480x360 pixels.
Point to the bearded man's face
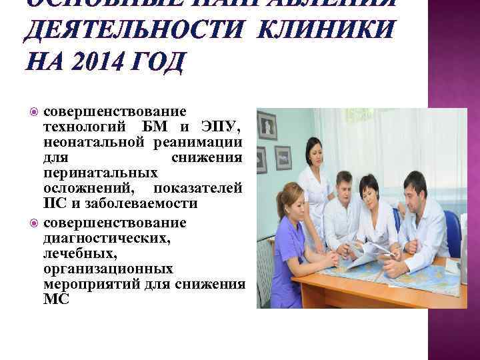tap(415, 189)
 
